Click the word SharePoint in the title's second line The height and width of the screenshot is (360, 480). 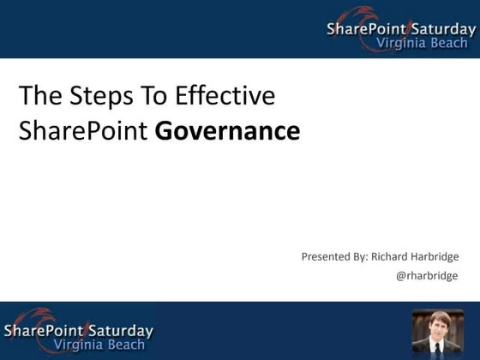84,132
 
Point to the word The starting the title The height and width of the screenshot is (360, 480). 37,95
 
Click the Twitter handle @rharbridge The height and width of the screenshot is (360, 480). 427,276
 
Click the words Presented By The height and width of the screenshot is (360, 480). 333,256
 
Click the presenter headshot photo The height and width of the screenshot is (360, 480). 437,332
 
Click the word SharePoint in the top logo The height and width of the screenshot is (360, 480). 366,30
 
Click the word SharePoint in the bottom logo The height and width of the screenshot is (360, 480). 43,331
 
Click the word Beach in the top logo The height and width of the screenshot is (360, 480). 451,44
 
